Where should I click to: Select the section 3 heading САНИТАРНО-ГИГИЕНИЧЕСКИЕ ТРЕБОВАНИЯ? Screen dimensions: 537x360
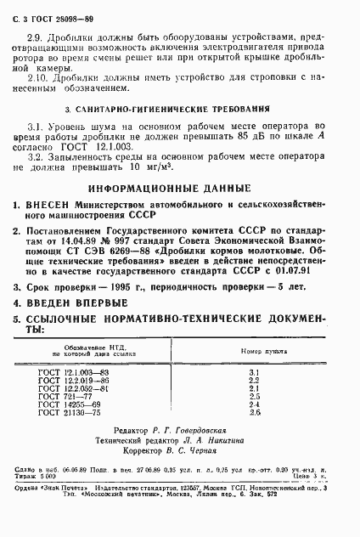(183, 110)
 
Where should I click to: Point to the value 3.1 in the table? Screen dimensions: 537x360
(253, 372)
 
